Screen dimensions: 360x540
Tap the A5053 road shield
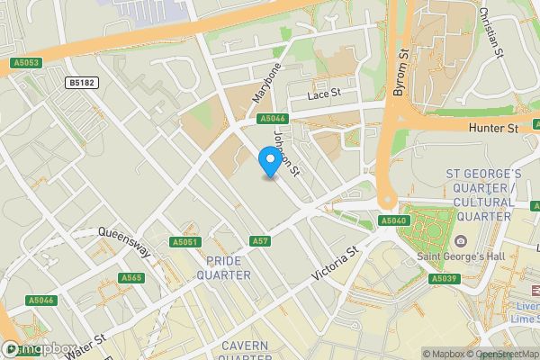pos(26,62)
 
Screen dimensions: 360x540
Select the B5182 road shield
pos(82,83)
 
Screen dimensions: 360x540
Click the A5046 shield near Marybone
pos(273,119)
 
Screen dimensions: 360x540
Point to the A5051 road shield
pos(184,242)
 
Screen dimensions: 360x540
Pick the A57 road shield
pos(260,241)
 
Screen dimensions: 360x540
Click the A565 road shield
pos(130,278)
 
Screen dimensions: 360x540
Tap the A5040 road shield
pos(393,220)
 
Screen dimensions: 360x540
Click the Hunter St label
pos(493,129)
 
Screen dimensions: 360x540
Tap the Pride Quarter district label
pos(229,267)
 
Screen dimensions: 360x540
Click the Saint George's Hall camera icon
pos(461,240)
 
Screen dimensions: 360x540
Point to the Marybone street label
pos(270,80)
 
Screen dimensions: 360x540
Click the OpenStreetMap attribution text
pos(504,354)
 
